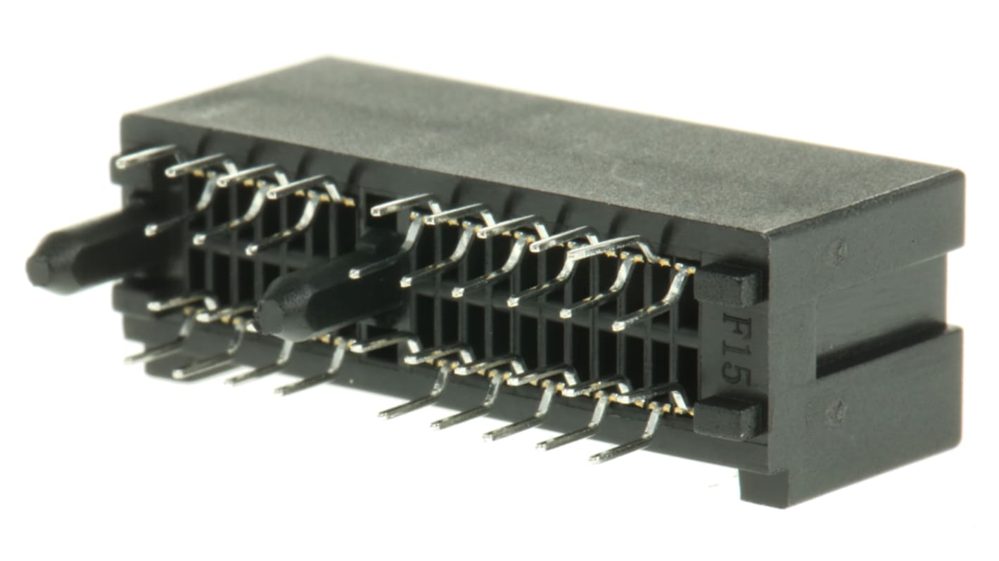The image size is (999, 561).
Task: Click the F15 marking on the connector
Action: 736,349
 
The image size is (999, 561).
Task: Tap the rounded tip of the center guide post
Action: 268,316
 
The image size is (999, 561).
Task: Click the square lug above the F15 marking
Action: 727,285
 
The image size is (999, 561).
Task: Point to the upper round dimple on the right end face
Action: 836,250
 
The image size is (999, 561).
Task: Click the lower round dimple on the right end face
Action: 836,411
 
